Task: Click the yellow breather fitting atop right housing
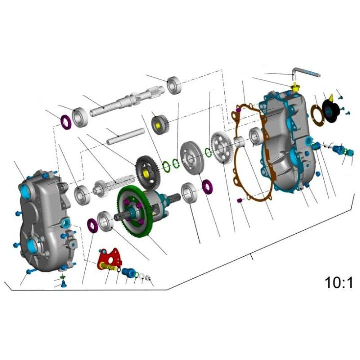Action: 295,89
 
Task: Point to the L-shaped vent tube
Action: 305,74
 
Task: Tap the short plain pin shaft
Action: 125,136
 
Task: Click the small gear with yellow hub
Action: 160,123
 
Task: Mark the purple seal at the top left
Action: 66,121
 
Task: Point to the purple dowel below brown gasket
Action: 239,200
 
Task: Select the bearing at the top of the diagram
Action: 174,85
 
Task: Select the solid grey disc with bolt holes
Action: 192,158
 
